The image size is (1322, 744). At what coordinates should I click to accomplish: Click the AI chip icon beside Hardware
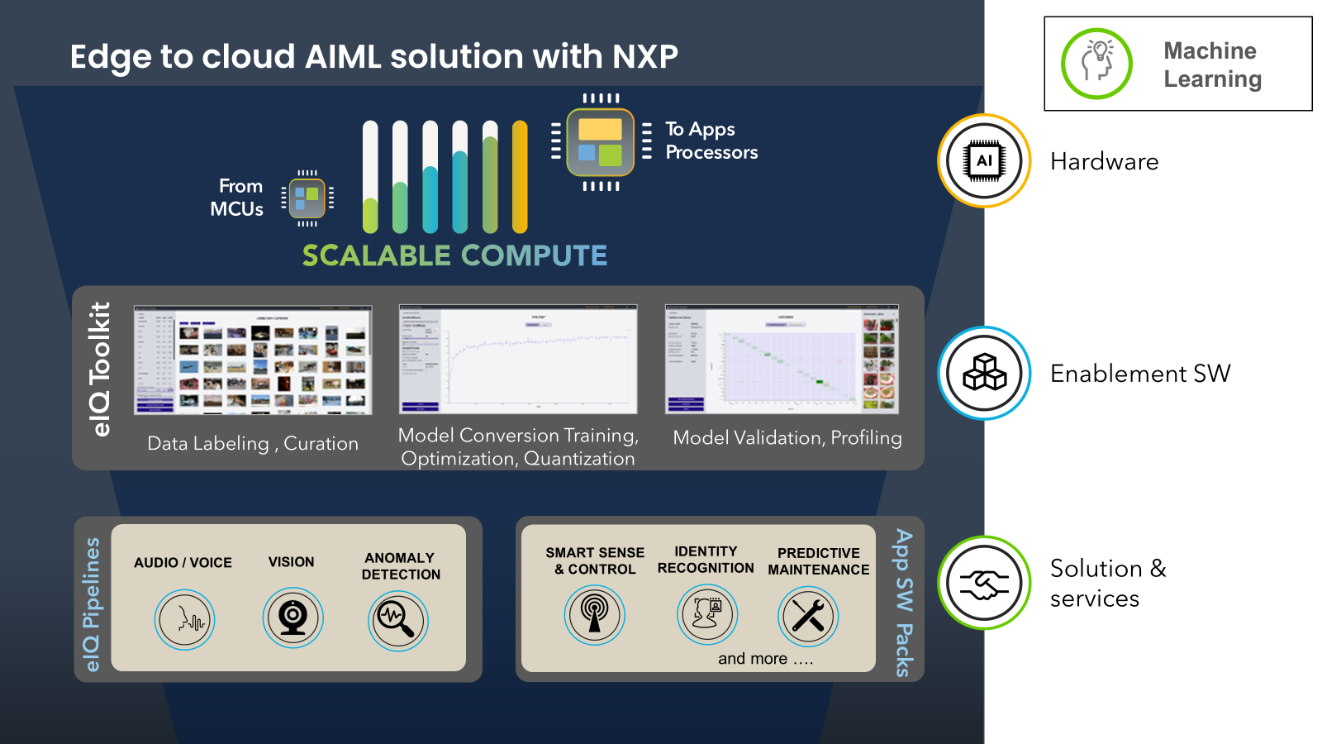(983, 160)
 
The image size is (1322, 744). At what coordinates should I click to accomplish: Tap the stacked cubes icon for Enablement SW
(984, 373)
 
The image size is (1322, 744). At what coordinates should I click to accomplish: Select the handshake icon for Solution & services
(984, 583)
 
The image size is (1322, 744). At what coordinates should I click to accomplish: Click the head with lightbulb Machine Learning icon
(1096, 63)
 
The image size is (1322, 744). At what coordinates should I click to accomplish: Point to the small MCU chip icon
(307, 198)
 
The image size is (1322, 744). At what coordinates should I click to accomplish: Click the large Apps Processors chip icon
(601, 142)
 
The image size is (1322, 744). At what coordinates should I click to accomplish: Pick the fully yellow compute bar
(520, 177)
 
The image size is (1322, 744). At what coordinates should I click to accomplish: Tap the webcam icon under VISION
(292, 618)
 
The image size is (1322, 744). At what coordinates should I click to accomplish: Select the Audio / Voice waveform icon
(184, 620)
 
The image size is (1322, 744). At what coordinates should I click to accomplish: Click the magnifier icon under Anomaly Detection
(397, 621)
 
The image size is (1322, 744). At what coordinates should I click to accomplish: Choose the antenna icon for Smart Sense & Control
(594, 615)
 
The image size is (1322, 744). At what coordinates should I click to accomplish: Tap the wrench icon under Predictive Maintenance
(808, 616)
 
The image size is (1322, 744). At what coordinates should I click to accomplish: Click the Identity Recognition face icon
(706, 613)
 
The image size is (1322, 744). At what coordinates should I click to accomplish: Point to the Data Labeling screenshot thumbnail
(253, 360)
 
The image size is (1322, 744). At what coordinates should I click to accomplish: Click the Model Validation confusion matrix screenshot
(782, 359)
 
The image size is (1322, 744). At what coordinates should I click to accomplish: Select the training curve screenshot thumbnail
(518, 359)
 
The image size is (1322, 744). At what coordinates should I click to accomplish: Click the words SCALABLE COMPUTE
(454, 255)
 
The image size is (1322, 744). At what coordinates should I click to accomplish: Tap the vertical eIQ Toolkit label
(100, 369)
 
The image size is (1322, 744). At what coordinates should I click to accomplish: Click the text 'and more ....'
(765, 659)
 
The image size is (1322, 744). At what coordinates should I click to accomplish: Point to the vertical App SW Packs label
(904, 603)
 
